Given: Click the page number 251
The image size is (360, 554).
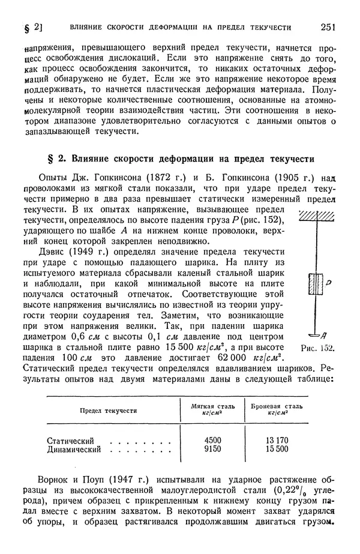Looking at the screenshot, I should (328, 26).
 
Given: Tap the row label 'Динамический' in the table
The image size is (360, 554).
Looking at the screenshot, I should (74, 448).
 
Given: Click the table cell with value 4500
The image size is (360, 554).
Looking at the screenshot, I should (213, 440).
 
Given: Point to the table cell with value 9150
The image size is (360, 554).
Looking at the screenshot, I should (213, 448).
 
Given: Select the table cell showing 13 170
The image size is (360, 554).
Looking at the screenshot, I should (277, 440).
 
